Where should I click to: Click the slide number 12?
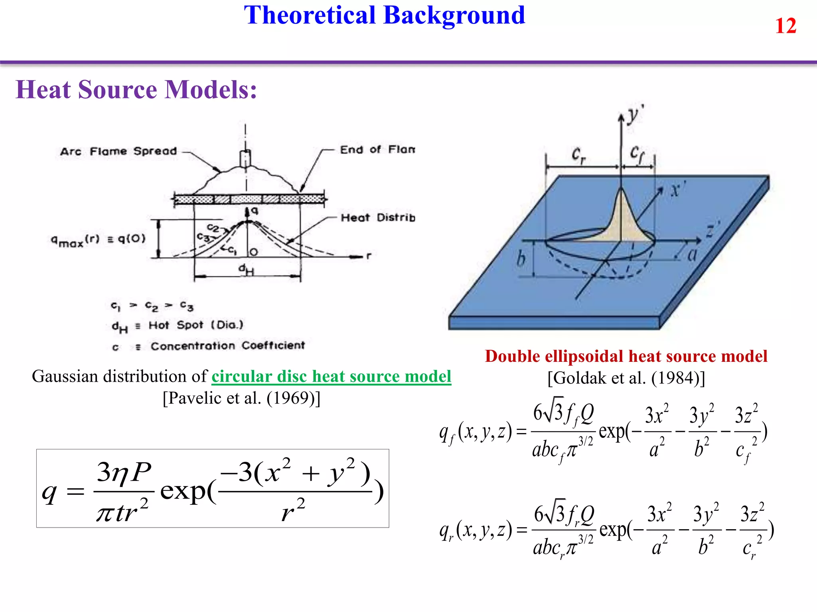tap(785, 26)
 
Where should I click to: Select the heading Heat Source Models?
tap(136, 90)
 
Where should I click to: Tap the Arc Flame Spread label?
tap(118, 151)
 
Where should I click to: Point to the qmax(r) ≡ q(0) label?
tap(98, 240)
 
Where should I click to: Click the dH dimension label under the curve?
tap(246, 270)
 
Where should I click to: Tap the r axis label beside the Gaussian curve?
tap(369, 256)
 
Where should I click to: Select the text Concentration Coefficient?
tap(227, 345)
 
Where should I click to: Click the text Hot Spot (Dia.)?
tap(196, 325)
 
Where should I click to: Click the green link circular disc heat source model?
tap(331, 377)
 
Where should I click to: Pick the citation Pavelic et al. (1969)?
tap(241, 398)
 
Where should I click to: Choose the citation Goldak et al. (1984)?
tap(626, 378)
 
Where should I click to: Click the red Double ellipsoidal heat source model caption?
tap(626, 356)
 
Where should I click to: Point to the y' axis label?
tap(635, 116)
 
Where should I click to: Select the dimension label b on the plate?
tap(521, 259)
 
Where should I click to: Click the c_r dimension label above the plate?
tap(578, 155)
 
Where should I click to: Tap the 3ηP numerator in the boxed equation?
tap(124, 473)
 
